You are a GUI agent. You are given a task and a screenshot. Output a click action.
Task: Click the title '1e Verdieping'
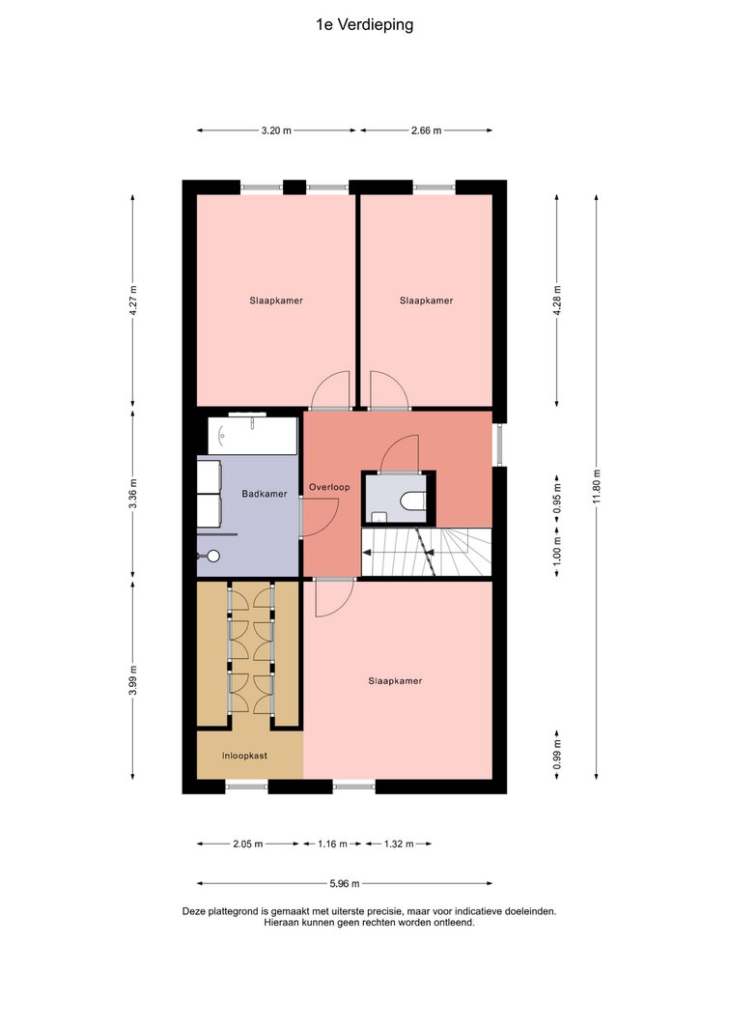pyautogui.click(x=365, y=25)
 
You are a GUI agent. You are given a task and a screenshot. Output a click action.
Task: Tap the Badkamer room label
pyautogui.click(x=264, y=494)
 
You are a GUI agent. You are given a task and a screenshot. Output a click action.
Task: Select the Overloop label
pyautogui.click(x=329, y=487)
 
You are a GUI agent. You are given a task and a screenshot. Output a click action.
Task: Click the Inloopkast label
pyautogui.click(x=244, y=756)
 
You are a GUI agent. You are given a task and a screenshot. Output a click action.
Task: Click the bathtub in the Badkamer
pyautogui.click(x=252, y=435)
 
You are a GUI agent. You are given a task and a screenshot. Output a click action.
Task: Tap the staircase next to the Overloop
pyautogui.click(x=426, y=553)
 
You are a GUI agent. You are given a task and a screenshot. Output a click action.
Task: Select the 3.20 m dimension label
pyautogui.click(x=276, y=130)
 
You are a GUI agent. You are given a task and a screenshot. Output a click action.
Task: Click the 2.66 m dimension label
pyautogui.click(x=426, y=130)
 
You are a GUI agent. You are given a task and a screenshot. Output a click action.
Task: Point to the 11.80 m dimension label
pyautogui.click(x=597, y=487)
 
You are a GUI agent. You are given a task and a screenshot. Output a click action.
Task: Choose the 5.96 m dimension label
pyautogui.click(x=344, y=884)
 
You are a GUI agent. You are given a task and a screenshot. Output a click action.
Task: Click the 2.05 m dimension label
pyautogui.click(x=248, y=844)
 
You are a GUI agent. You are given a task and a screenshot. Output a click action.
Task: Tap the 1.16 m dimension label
pyautogui.click(x=332, y=844)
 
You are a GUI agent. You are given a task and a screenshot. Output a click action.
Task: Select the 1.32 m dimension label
pyautogui.click(x=399, y=844)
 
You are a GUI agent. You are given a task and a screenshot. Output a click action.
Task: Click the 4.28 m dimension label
pyautogui.click(x=557, y=301)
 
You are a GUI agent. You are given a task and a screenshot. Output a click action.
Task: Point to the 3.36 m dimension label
pyautogui.click(x=132, y=494)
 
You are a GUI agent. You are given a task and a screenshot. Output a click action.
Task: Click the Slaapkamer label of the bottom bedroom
pyautogui.click(x=395, y=681)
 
